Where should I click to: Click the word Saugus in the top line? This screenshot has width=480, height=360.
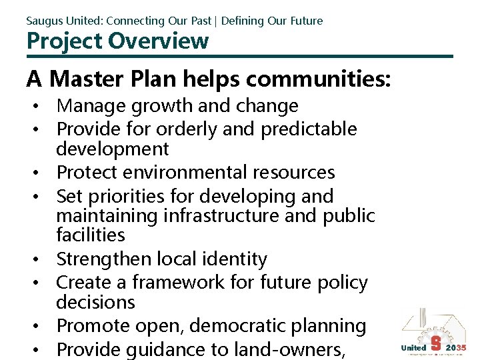(x=43, y=21)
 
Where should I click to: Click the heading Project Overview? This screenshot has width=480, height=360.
(x=117, y=41)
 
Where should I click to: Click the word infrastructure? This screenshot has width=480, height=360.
(x=239, y=215)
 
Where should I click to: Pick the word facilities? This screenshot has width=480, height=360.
(x=91, y=235)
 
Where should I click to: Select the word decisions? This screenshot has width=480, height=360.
(x=95, y=302)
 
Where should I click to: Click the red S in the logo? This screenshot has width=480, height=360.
(x=435, y=343)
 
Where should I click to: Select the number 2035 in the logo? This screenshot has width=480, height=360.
(x=456, y=347)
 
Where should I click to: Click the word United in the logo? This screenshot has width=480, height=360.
(x=413, y=347)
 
